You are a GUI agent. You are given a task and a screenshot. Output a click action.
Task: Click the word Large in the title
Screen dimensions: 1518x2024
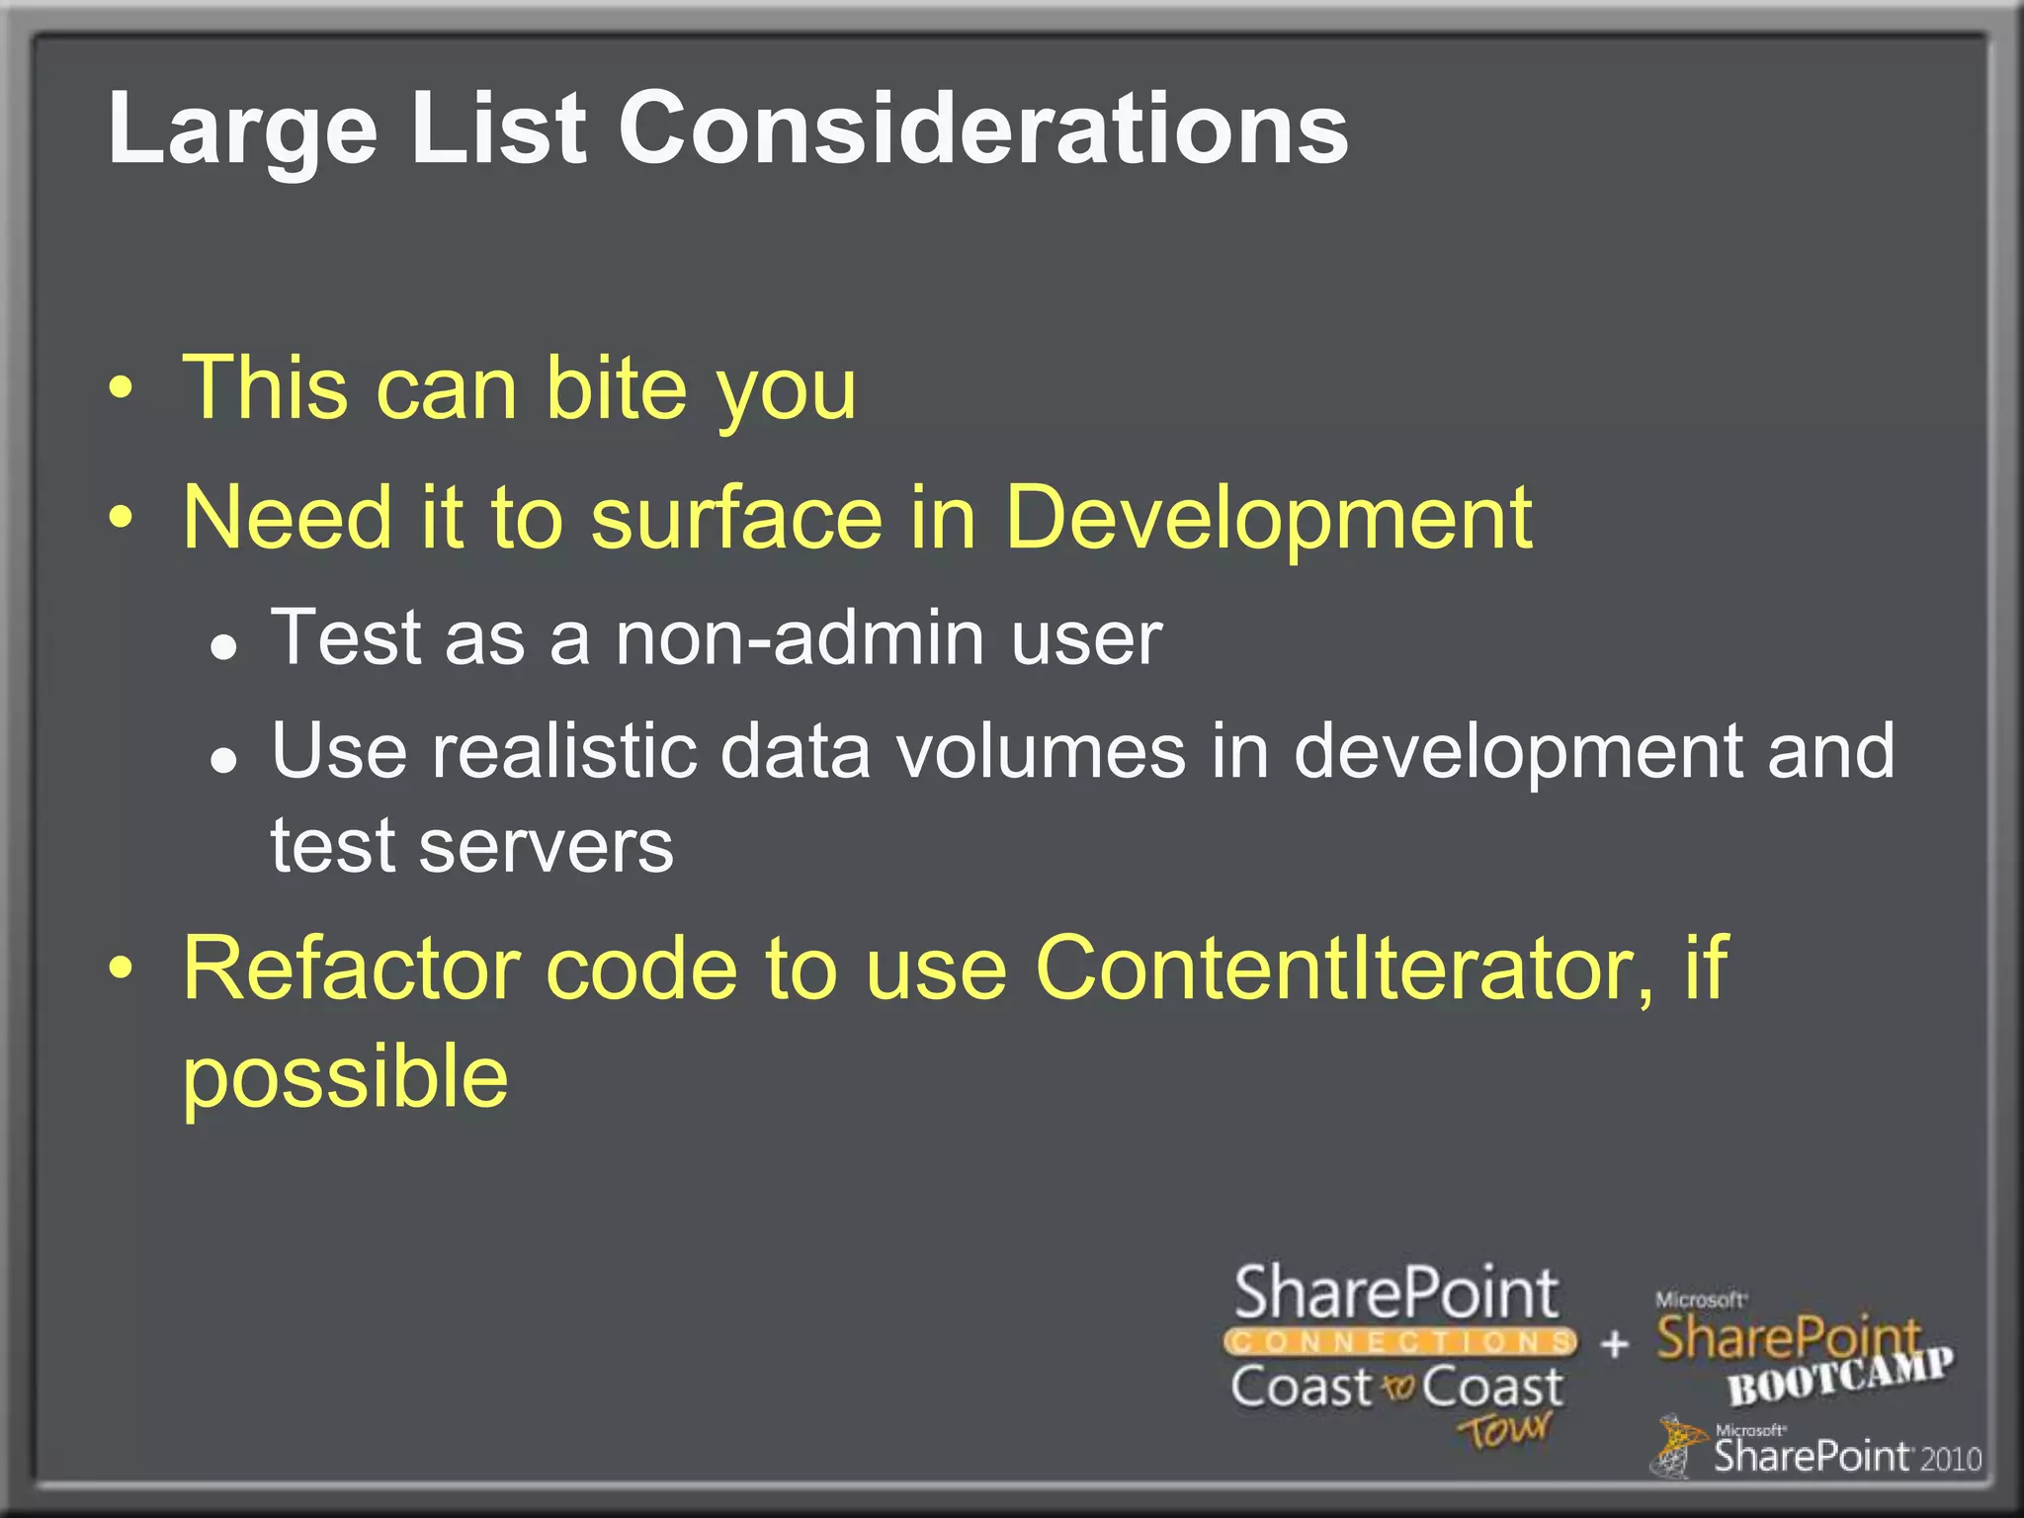click(x=242, y=130)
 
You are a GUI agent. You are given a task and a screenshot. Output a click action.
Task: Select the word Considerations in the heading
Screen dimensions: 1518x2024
click(x=983, y=128)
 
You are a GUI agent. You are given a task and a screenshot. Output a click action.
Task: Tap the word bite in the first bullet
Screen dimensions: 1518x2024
click(x=616, y=387)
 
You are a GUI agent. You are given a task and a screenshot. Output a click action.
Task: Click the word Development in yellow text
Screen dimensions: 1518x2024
click(x=1268, y=519)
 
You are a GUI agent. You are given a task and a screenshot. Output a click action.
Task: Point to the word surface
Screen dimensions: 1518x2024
click(x=736, y=519)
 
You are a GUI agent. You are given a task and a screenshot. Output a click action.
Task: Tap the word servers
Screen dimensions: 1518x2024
click(x=546, y=847)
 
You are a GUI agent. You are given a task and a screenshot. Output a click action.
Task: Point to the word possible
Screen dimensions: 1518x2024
click(x=346, y=1076)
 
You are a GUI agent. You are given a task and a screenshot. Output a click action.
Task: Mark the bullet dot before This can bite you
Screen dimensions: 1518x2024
click(x=121, y=388)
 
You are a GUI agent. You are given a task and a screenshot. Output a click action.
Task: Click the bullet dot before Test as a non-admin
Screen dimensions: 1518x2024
click(x=225, y=647)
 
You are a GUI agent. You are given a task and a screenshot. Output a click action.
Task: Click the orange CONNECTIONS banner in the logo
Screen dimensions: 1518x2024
click(x=1399, y=1342)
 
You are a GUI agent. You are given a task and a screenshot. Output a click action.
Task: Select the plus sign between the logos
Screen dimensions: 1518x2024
click(x=1615, y=1344)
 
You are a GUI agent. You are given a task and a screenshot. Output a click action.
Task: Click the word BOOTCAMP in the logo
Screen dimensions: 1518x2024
click(x=1840, y=1377)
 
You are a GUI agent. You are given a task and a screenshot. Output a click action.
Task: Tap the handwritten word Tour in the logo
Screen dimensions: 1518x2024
click(x=1505, y=1430)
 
